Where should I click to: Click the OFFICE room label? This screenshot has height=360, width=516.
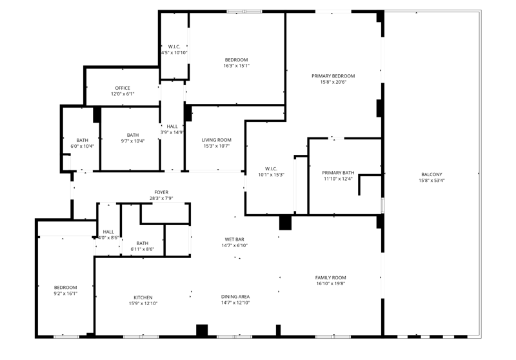click(x=123, y=88)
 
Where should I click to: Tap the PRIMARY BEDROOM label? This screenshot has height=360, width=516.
click(x=333, y=76)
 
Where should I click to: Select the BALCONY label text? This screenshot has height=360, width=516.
click(x=432, y=174)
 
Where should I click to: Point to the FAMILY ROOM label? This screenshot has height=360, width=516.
click(x=330, y=277)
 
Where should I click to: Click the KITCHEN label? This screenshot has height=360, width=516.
click(x=143, y=297)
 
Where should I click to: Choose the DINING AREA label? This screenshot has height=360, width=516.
click(x=235, y=297)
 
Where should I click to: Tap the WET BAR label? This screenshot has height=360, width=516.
click(x=234, y=239)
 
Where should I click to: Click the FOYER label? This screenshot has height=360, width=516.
click(x=161, y=192)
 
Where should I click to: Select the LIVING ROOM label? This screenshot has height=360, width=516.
click(x=216, y=140)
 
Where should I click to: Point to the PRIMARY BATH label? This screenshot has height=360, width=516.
click(x=338, y=173)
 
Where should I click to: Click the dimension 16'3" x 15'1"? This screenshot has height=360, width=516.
click(x=236, y=66)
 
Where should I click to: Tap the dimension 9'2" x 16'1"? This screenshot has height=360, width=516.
click(x=66, y=294)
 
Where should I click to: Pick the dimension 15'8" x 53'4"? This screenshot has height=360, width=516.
click(x=432, y=181)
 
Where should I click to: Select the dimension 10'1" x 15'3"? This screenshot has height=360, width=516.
click(x=271, y=175)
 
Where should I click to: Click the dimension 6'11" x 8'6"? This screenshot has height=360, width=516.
click(x=142, y=249)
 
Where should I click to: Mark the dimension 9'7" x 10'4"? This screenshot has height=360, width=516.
click(x=133, y=141)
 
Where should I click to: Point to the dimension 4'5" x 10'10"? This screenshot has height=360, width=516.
click(x=174, y=53)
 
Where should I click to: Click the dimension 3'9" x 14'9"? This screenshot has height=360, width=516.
click(x=172, y=132)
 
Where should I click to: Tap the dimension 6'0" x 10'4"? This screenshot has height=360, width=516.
click(x=83, y=146)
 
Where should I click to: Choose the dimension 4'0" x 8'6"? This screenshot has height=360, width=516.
click(x=108, y=237)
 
